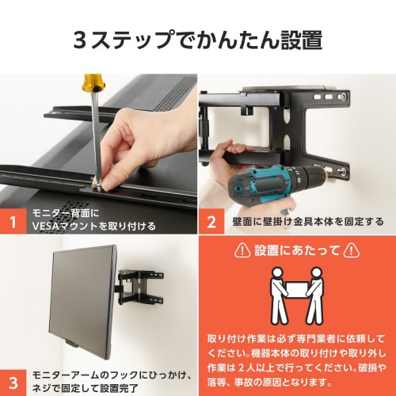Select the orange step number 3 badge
[13, 376]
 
